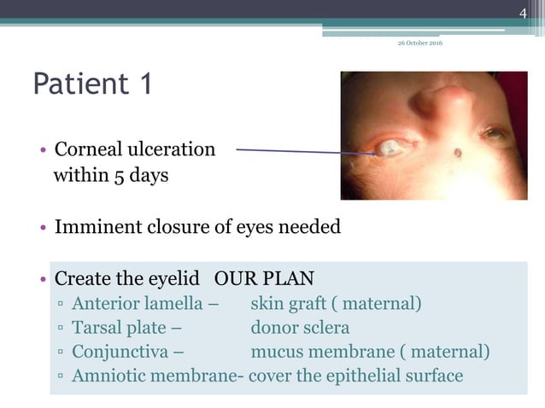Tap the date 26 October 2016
[x=420, y=44]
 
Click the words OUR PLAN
[x=265, y=278]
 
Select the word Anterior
[x=107, y=303]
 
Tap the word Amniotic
[x=107, y=375]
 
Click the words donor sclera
[x=300, y=327]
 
